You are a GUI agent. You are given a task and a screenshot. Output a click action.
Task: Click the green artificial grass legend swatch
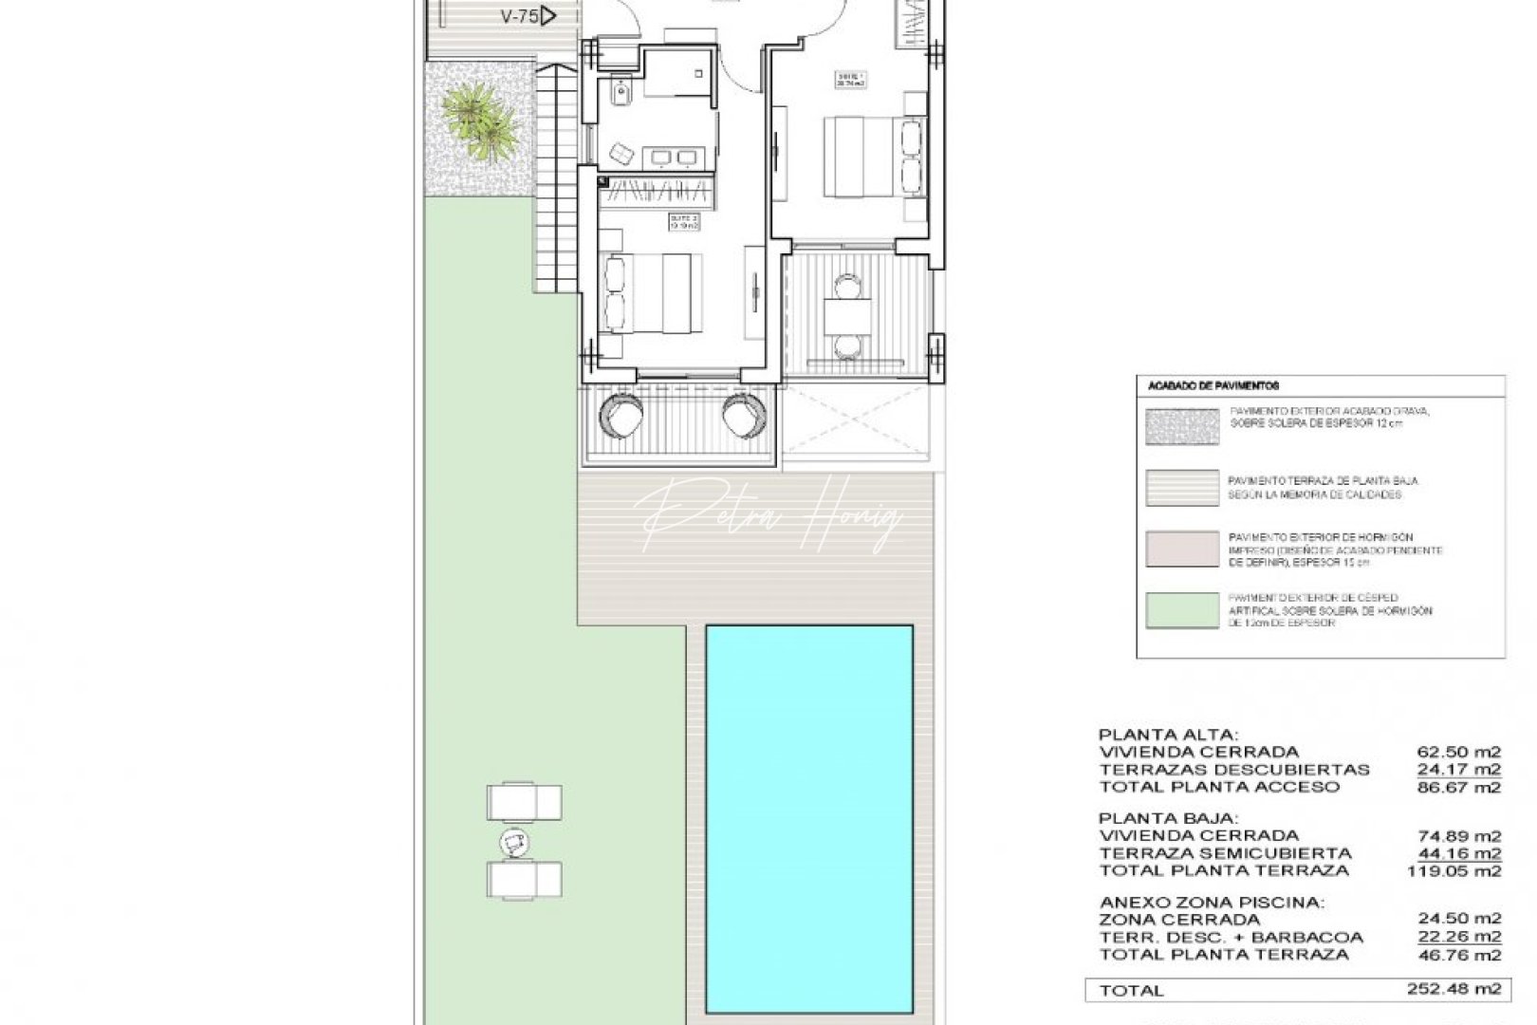coord(1182,610)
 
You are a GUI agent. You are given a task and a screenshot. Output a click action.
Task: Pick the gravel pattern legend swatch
coord(1182,427)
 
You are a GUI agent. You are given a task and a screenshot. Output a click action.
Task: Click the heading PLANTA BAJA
coord(1156,818)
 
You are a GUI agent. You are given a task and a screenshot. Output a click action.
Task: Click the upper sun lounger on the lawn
coord(524,802)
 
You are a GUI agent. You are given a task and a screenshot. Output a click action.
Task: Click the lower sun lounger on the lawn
coord(524,879)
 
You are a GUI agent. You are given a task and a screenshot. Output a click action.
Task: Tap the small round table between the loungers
coord(514,841)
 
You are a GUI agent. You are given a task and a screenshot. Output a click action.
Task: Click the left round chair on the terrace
coord(623,415)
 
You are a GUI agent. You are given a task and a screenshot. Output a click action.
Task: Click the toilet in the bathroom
coord(621,93)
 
